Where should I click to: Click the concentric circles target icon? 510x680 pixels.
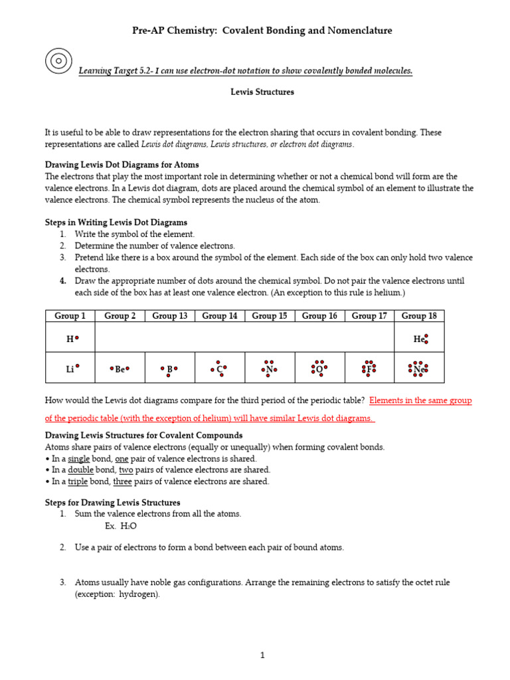pyautogui.click(x=58, y=60)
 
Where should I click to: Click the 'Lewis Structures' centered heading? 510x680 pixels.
pyautogui.click(x=262, y=92)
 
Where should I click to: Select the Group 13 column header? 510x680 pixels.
pyautogui.click(x=170, y=316)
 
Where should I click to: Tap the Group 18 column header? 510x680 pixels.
pyautogui.click(x=419, y=316)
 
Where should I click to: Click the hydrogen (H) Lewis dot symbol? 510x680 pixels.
pyautogui.click(x=72, y=339)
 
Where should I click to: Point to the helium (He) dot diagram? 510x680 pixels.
pyautogui.click(x=420, y=339)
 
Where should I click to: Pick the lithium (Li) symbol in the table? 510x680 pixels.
pyautogui.click(x=72, y=368)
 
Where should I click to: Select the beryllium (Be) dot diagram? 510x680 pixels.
pyautogui.click(x=120, y=369)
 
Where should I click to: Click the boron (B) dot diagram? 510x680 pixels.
pyautogui.click(x=169, y=369)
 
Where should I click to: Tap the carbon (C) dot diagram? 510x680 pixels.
pyautogui.click(x=219, y=369)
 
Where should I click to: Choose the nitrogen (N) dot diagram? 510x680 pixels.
pyautogui.click(x=269, y=369)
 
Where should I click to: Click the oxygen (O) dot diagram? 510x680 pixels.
pyautogui.click(x=319, y=369)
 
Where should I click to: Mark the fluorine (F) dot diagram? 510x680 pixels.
pyautogui.click(x=369, y=369)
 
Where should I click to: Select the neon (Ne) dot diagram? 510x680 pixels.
pyautogui.click(x=418, y=369)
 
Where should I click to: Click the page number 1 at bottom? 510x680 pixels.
pyautogui.click(x=262, y=655)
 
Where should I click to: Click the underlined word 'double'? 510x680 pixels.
pyautogui.click(x=81, y=470)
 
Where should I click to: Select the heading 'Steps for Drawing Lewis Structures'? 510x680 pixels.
pyautogui.click(x=112, y=503)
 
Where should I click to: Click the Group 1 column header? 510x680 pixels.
pyautogui.click(x=70, y=316)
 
